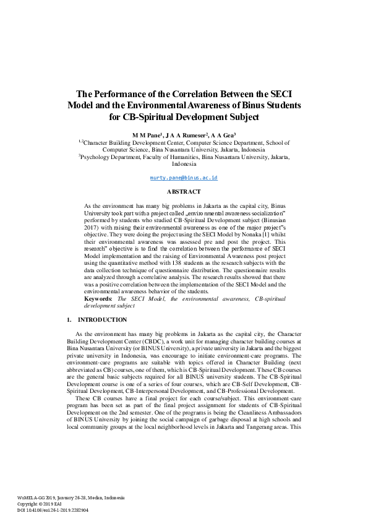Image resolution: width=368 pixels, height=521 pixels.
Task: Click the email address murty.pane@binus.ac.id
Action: [184, 178]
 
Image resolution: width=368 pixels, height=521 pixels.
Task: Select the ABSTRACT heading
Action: [184, 192]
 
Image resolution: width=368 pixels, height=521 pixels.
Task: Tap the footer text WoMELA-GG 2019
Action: [36, 497]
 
